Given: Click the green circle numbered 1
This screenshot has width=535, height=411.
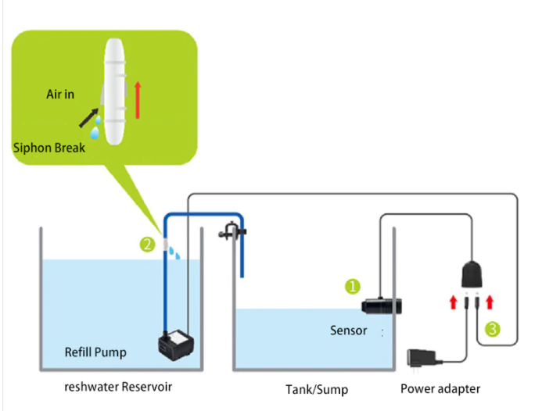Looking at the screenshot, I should pyautogui.click(x=353, y=286).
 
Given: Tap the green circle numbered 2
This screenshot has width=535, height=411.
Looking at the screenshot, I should pyautogui.click(x=146, y=245).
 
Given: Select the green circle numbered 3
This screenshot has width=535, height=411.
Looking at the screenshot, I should pyautogui.click(x=492, y=329).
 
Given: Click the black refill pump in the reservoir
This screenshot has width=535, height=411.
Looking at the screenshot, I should pyautogui.click(x=176, y=345).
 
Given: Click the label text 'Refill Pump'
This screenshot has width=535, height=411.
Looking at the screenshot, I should pyautogui.click(x=95, y=352).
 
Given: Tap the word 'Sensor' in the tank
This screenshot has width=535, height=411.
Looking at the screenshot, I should pyautogui.click(x=348, y=331).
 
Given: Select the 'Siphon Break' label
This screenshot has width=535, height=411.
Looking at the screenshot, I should pyautogui.click(x=49, y=148).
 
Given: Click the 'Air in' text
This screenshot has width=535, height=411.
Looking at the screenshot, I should pyautogui.click(x=60, y=95).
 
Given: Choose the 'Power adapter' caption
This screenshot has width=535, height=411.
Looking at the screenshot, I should pyautogui.click(x=440, y=389).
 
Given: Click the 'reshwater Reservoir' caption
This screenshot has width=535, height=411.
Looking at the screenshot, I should pyautogui.click(x=117, y=387).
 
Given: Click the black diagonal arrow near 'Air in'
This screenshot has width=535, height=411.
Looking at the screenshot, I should pyautogui.click(x=90, y=119).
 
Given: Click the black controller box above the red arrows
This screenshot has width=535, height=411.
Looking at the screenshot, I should pyautogui.click(x=473, y=273).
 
